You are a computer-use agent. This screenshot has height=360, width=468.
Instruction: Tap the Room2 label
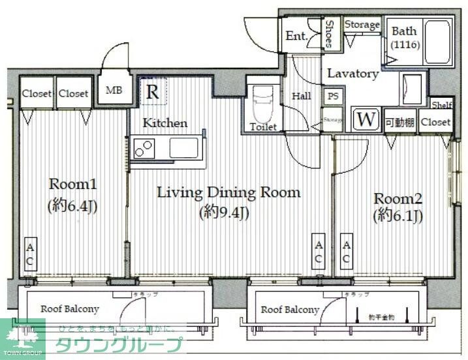tap(398, 198)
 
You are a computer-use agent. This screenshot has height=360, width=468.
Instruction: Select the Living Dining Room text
tap(228, 192)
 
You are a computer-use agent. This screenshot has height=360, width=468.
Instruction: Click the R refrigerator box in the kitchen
tap(153, 92)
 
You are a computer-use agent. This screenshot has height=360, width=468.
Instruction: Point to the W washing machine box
tap(366, 120)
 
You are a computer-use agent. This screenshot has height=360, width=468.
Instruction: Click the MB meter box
tap(115, 91)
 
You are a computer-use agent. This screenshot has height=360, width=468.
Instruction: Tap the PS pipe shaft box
tap(333, 95)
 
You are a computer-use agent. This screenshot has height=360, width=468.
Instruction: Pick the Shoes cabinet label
tap(330, 33)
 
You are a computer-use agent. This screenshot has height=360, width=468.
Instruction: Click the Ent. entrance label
tap(297, 36)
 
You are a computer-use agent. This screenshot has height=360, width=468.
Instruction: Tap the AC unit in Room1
tap(30, 254)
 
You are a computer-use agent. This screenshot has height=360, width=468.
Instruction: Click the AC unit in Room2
tap(346, 250)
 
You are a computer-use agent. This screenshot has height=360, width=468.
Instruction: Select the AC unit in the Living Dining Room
tap(319, 250)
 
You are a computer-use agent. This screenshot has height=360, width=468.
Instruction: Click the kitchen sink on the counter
tap(183, 147)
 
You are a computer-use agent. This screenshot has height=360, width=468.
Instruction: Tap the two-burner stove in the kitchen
tap(144, 149)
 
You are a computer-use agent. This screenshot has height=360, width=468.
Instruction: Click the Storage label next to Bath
tap(362, 24)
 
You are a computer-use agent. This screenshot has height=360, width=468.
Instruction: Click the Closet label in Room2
tap(435, 122)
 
